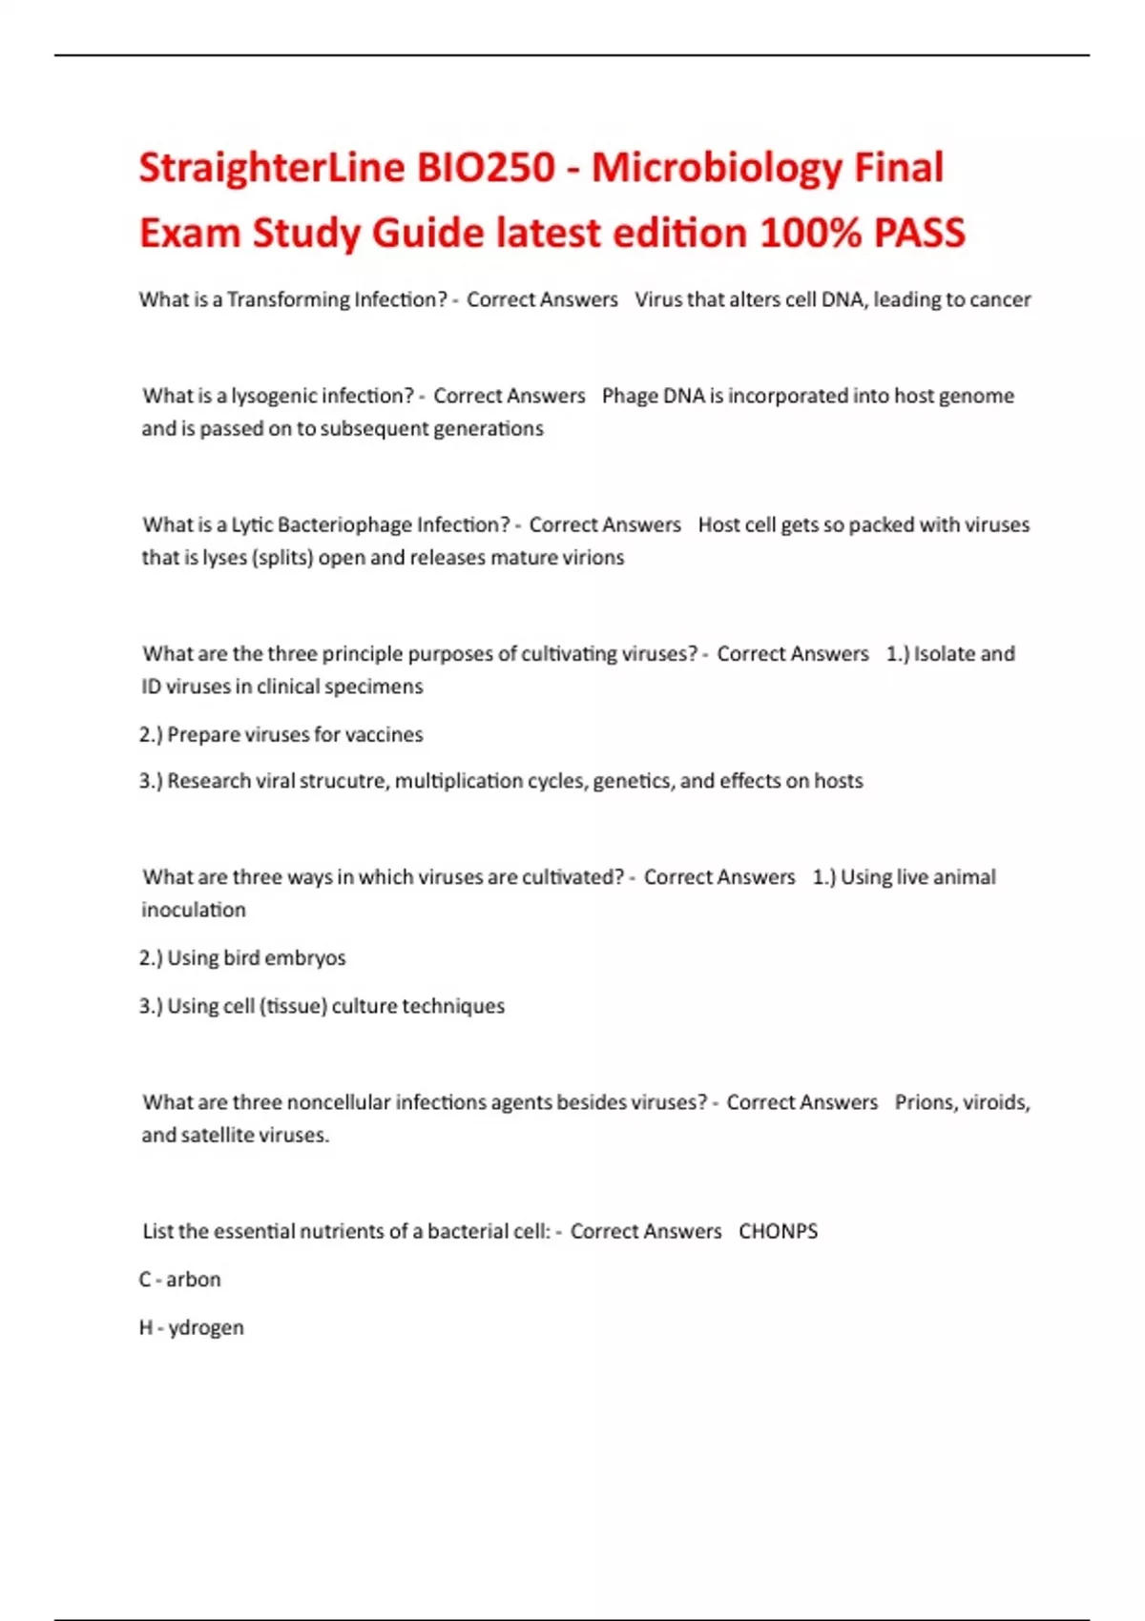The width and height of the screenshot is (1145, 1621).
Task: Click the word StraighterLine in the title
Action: pos(272,169)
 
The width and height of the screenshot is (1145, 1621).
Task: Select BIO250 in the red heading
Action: pos(486,169)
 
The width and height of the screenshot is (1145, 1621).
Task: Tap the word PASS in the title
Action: pos(919,234)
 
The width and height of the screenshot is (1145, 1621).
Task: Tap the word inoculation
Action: pos(194,910)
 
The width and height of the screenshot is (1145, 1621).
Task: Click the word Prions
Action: pos(924,1102)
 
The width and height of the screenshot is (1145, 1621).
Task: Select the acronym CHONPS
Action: pos(778,1231)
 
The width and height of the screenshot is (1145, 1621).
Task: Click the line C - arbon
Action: pos(180,1280)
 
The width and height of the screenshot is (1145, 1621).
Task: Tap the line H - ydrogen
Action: pos(192,1327)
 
